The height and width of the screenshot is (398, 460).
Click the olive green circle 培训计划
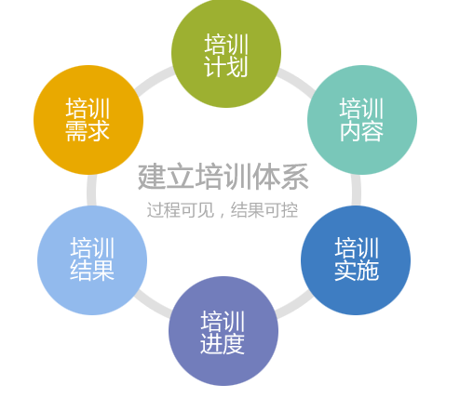[x=226, y=53]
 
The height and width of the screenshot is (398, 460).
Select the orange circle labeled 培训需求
[x=88, y=120]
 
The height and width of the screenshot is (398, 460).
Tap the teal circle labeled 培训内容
[x=362, y=120]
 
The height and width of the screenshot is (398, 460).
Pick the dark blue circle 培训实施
[x=356, y=260]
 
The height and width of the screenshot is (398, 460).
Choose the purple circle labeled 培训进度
[x=223, y=331]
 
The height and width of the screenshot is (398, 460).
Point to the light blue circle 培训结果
[x=92, y=260]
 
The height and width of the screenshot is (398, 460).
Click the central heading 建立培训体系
[x=223, y=177]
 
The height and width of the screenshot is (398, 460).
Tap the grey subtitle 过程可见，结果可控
[x=223, y=210]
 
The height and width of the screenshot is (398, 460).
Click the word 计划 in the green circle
[x=226, y=67]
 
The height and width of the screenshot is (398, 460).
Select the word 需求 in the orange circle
[x=88, y=131]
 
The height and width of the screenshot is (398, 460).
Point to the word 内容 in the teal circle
[x=361, y=131]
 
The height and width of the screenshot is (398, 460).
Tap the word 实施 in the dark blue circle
[x=357, y=271]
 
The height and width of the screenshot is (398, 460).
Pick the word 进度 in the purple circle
[x=223, y=344]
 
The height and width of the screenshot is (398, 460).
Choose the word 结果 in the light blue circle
[x=92, y=271]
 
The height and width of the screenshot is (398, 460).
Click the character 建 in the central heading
[x=152, y=177]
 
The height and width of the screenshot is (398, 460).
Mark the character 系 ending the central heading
[x=295, y=177]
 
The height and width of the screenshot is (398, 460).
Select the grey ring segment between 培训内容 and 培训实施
[x=357, y=190]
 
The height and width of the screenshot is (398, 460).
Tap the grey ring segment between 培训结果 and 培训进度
[x=153, y=304]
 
